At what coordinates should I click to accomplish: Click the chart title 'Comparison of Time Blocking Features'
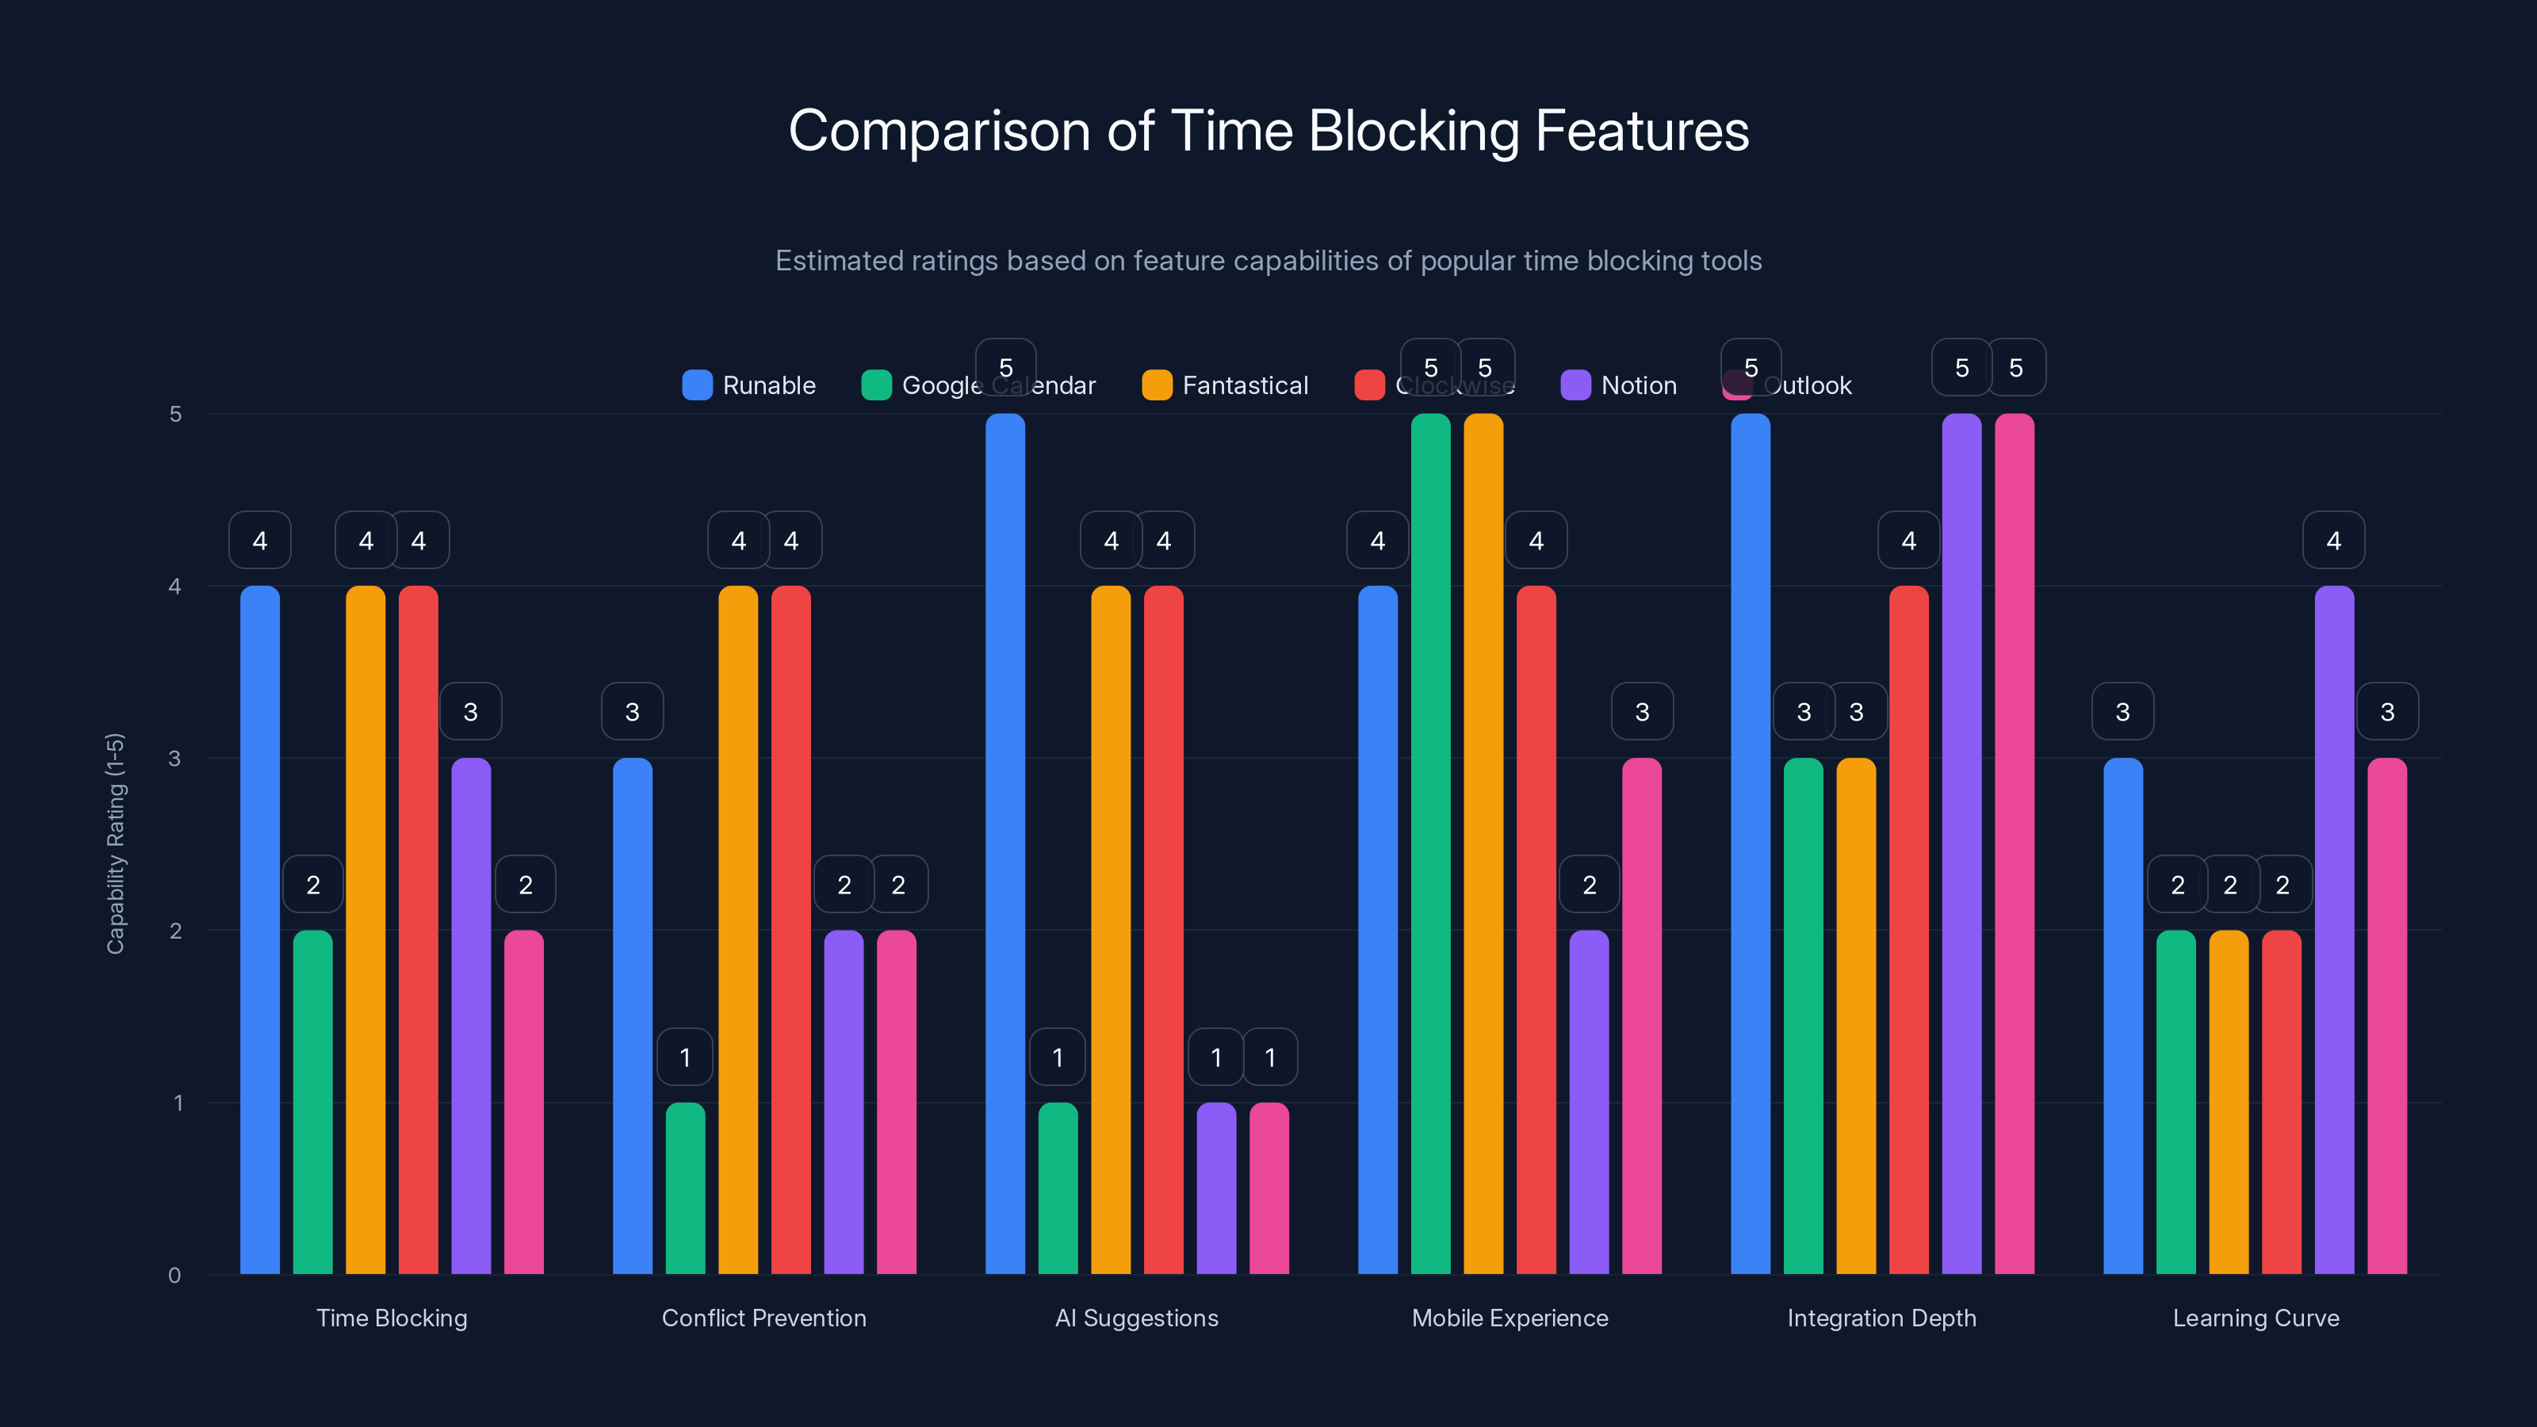[x=1268, y=131]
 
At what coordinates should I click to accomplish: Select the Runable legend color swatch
[x=698, y=385]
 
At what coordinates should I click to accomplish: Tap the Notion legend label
[x=1638, y=385]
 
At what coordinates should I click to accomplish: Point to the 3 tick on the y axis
[x=174, y=759]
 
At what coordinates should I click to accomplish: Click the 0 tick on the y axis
[x=174, y=1276]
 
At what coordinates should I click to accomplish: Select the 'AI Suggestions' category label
[x=1137, y=1318]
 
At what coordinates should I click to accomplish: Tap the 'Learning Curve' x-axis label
[x=2256, y=1318]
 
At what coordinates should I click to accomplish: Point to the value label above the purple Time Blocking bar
[x=471, y=712]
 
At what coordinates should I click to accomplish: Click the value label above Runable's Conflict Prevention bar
[x=633, y=712]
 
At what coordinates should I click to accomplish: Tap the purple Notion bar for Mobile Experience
[x=1589, y=1102]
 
